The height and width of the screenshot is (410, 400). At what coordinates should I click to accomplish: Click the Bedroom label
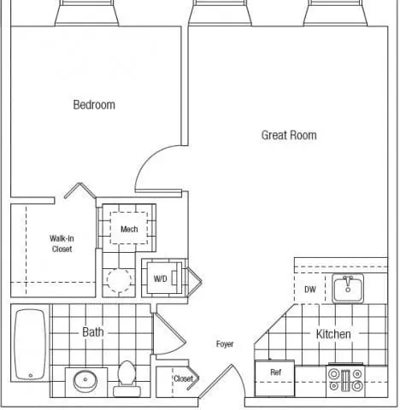[94, 105]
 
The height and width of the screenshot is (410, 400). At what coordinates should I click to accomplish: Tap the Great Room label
[289, 135]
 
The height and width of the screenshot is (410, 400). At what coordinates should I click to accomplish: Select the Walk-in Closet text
[62, 243]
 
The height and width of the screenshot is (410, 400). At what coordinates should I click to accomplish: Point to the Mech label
[129, 229]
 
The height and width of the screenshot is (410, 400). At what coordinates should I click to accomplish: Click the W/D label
[160, 278]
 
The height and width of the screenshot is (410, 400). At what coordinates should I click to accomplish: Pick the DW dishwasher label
[310, 290]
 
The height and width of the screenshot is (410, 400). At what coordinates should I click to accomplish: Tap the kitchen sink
[348, 289]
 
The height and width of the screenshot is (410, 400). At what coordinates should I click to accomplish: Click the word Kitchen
[333, 334]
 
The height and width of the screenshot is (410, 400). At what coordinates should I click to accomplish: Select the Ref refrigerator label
[275, 372]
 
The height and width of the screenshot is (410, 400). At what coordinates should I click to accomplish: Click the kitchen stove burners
[345, 380]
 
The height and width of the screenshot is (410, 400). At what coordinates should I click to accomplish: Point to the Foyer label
[225, 344]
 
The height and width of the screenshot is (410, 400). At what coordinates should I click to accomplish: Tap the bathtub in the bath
[30, 345]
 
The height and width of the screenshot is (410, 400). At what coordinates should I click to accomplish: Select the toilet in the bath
[126, 378]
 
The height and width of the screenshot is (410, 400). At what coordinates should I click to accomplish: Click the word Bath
[93, 332]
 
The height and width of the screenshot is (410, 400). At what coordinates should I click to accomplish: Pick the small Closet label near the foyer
[183, 378]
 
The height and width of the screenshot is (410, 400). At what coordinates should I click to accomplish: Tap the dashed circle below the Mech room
[120, 280]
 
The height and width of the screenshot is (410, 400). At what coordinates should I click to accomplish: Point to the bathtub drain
[31, 376]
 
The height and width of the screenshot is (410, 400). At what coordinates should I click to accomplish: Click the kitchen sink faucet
[348, 281]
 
